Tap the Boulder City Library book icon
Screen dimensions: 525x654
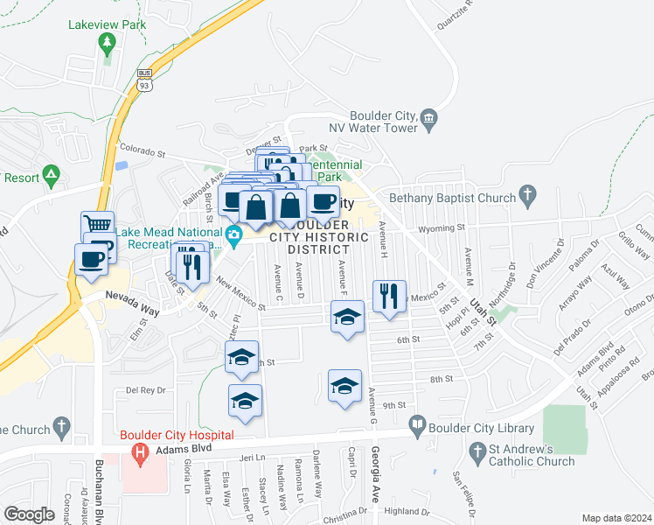pyautogui.click(x=418, y=428)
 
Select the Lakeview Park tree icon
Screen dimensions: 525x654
pyautogui.click(x=108, y=41)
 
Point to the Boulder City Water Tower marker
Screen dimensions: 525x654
pyautogui.click(x=428, y=118)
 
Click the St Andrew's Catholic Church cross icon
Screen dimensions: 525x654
pyautogui.click(x=477, y=451)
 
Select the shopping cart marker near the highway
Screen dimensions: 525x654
pyautogui.click(x=97, y=226)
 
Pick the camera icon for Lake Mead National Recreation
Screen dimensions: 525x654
pyautogui.click(x=233, y=234)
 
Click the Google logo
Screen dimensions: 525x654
pyautogui.click(x=29, y=514)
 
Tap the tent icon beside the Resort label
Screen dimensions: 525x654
pyautogui.click(x=52, y=176)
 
